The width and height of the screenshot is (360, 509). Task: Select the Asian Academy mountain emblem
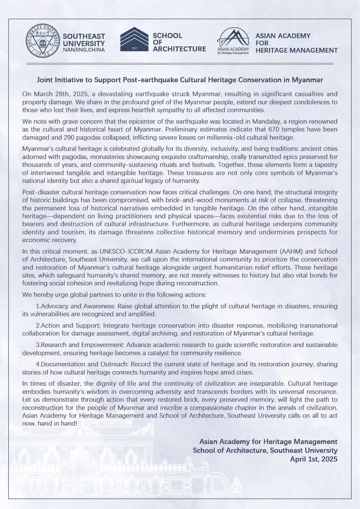(x=233, y=39)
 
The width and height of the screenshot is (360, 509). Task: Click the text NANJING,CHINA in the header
(x=84, y=50)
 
